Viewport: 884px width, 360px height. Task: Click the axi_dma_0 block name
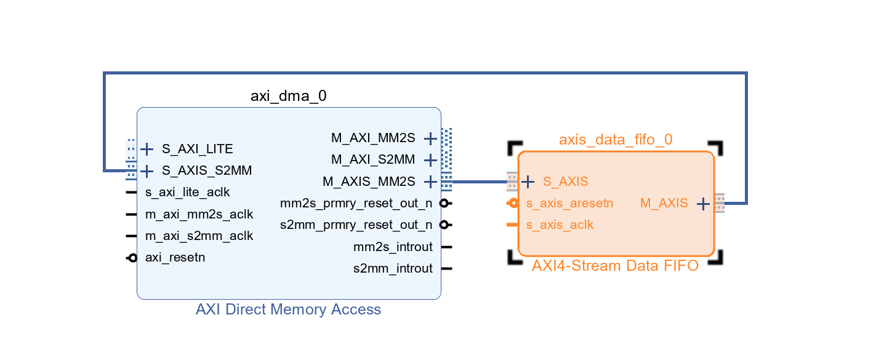click(288, 96)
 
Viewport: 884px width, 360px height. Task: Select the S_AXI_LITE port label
click(197, 149)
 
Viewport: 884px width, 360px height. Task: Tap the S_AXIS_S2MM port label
click(206, 170)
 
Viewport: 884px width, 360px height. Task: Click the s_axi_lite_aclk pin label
click(187, 192)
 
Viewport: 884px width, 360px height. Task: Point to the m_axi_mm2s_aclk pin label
click(199, 214)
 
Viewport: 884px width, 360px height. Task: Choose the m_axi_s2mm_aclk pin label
click(199, 236)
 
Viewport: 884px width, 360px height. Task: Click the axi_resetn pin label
click(175, 257)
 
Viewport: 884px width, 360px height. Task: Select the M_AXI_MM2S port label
click(373, 138)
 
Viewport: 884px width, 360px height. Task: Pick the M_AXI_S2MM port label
click(373, 160)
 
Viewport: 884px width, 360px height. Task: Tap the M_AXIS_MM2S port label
click(369, 182)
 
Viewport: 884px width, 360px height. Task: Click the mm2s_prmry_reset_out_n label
click(356, 203)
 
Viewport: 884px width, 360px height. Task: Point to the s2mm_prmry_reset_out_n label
click(356, 225)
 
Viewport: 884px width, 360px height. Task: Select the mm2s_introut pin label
click(393, 247)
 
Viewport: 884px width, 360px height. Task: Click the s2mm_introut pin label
click(393, 268)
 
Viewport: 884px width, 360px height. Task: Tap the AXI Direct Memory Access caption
click(288, 309)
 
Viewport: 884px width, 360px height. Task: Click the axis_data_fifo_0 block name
click(616, 140)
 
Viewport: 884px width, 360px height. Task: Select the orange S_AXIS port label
click(565, 182)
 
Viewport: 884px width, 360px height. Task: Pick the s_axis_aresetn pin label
click(569, 203)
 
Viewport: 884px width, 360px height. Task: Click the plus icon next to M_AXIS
click(703, 204)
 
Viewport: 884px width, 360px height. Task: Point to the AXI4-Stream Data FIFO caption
click(616, 266)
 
